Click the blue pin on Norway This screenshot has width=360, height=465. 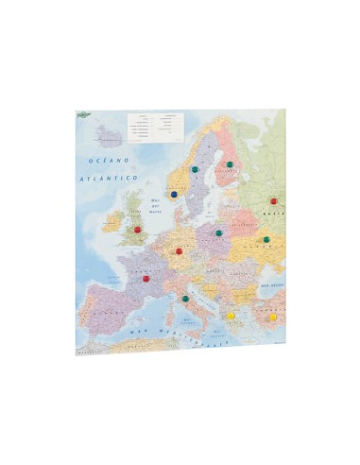point(174,194)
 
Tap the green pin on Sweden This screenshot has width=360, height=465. point(194,170)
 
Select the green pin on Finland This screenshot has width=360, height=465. point(229,164)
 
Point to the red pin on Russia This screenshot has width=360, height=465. point(274,200)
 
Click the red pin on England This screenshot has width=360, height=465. point(137,229)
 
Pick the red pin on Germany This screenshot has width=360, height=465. point(179,251)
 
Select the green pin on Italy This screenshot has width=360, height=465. point(185,299)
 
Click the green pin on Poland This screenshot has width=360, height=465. point(218,232)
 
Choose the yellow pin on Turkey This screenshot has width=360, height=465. point(274,317)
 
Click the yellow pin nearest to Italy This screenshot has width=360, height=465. point(231,314)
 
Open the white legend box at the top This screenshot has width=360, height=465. point(154,126)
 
